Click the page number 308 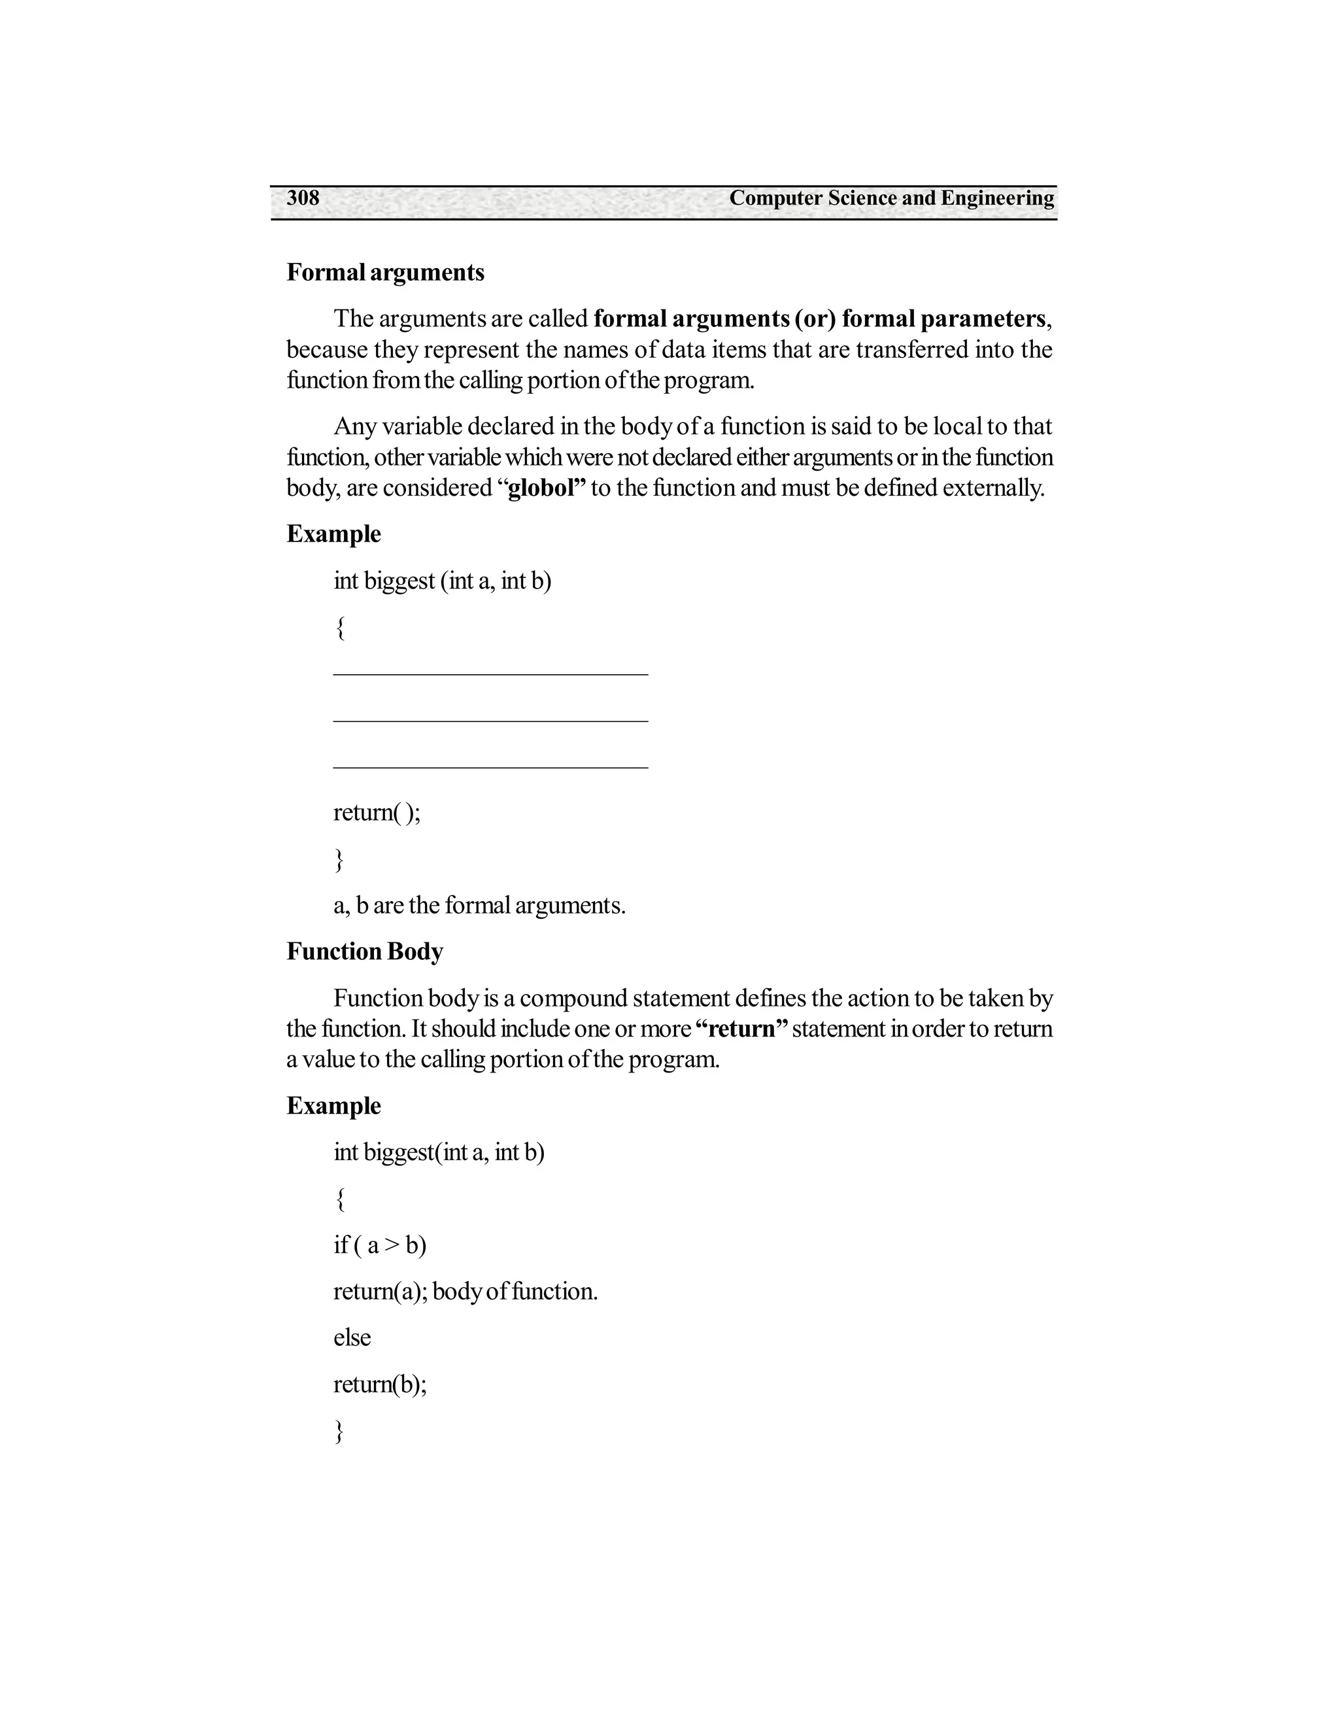303,198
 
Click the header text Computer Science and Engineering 892,198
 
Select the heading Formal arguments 384,272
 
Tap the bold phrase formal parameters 944,319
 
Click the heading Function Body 364,952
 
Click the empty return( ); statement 377,812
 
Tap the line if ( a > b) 380,1245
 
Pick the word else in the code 352,1338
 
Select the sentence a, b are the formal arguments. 479,905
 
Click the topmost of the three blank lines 490,674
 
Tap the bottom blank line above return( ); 490,766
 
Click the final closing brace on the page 339,1432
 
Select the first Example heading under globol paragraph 333,534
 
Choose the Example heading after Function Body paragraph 333,1106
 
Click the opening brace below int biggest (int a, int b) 339,628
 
